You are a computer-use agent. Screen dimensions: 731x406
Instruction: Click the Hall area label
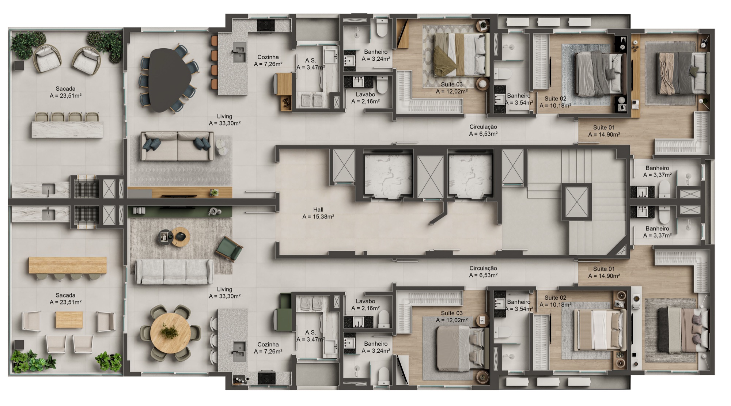pyautogui.click(x=318, y=213)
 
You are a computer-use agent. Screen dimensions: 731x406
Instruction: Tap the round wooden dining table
pyautogui.click(x=170, y=333)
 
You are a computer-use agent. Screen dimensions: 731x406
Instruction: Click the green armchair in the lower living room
pyautogui.click(x=229, y=249)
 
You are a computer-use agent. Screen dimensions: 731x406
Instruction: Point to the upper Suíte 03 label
pyautogui.click(x=452, y=88)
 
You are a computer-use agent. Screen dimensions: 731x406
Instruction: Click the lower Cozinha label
pyautogui.click(x=268, y=348)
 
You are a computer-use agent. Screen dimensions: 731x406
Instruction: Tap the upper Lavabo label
pyautogui.click(x=365, y=98)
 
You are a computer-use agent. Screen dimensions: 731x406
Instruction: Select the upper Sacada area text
pyautogui.click(x=65, y=92)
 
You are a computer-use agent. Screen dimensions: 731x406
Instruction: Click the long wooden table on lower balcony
pyautogui.click(x=68, y=265)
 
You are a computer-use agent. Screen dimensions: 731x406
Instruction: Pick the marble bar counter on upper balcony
pyautogui.click(x=68, y=129)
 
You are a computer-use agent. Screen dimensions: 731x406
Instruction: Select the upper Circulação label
pyautogui.click(x=483, y=130)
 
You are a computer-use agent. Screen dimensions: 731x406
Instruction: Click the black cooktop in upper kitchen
pyautogui.click(x=266, y=25)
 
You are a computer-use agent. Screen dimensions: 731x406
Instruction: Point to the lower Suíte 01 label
pyautogui.click(x=604, y=272)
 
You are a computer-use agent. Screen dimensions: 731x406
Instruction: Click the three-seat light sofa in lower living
pyautogui.click(x=174, y=272)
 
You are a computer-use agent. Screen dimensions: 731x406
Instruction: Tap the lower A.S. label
pyautogui.click(x=311, y=336)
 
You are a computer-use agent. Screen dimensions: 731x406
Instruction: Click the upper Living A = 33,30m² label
pyautogui.click(x=224, y=120)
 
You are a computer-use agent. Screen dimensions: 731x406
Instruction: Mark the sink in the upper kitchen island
pyautogui.click(x=239, y=49)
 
